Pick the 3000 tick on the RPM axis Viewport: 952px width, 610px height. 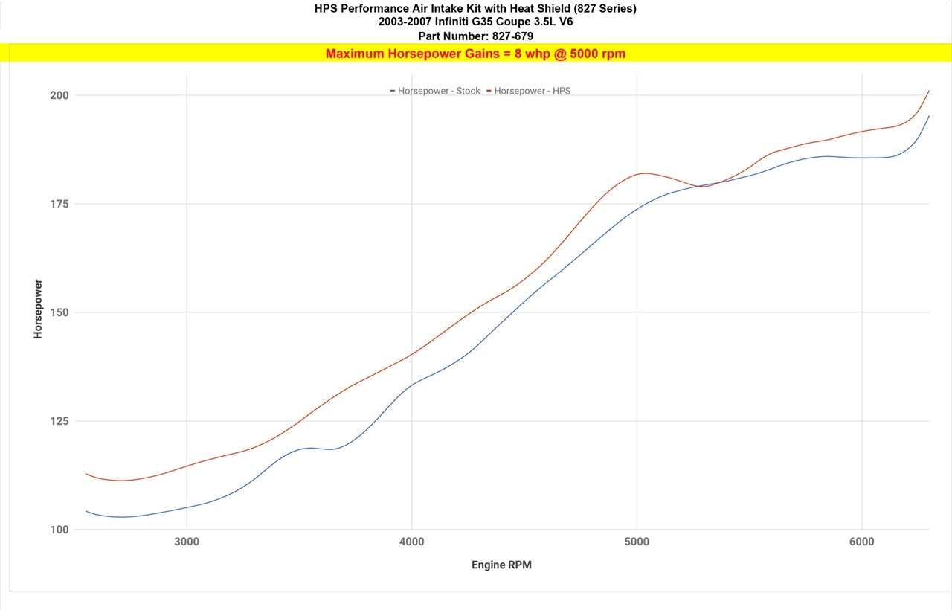pyautogui.click(x=187, y=542)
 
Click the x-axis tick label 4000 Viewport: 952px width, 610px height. pyautogui.click(x=412, y=542)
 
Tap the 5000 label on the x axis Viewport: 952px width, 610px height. pyautogui.click(x=637, y=542)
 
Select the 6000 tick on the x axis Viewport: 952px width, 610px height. pyautogui.click(x=862, y=542)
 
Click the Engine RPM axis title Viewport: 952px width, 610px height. pyautogui.click(x=501, y=565)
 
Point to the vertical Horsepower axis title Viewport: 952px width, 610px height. pyautogui.click(x=38, y=309)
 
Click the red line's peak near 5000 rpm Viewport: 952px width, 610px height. pyautogui.click(x=645, y=173)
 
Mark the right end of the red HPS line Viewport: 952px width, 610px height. pyautogui.click(x=929, y=91)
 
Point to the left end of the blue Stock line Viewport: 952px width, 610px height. pyautogui.click(x=86, y=511)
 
